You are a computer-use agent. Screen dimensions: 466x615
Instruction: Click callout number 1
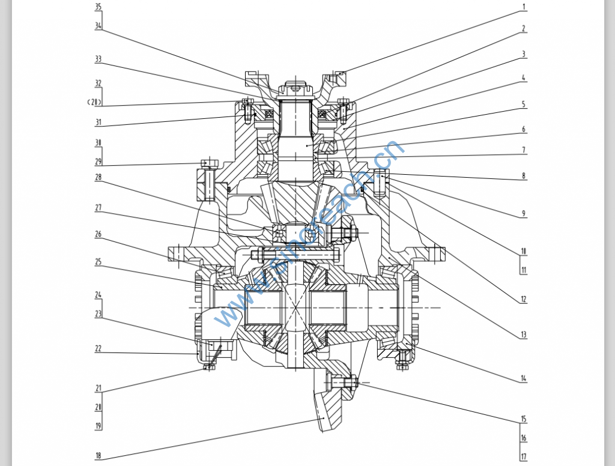[524, 7]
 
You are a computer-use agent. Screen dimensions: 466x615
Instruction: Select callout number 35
[98, 7]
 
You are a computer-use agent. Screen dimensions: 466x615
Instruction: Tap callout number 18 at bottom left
[98, 456]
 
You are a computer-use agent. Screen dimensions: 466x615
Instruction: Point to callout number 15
[524, 419]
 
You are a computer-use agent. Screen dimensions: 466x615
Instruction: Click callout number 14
[524, 378]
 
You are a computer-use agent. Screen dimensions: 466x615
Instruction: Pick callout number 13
[524, 334]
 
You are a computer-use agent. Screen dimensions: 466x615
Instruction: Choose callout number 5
[524, 104]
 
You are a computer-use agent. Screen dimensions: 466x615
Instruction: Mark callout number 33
[98, 59]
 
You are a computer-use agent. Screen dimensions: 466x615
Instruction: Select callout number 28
[98, 177]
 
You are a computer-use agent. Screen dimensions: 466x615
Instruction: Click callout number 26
[98, 234]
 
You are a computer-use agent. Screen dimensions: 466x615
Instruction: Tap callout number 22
[98, 349]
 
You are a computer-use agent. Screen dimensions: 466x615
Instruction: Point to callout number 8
[524, 176]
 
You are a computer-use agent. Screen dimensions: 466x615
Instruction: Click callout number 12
[524, 300]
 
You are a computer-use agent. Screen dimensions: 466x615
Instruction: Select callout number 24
[98, 295]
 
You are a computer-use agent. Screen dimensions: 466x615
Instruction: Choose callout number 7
[524, 150]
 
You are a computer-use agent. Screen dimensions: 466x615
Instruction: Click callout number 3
[524, 54]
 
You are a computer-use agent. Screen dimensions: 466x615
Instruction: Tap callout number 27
[98, 208]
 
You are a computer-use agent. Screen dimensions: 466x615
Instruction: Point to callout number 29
[98, 162]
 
